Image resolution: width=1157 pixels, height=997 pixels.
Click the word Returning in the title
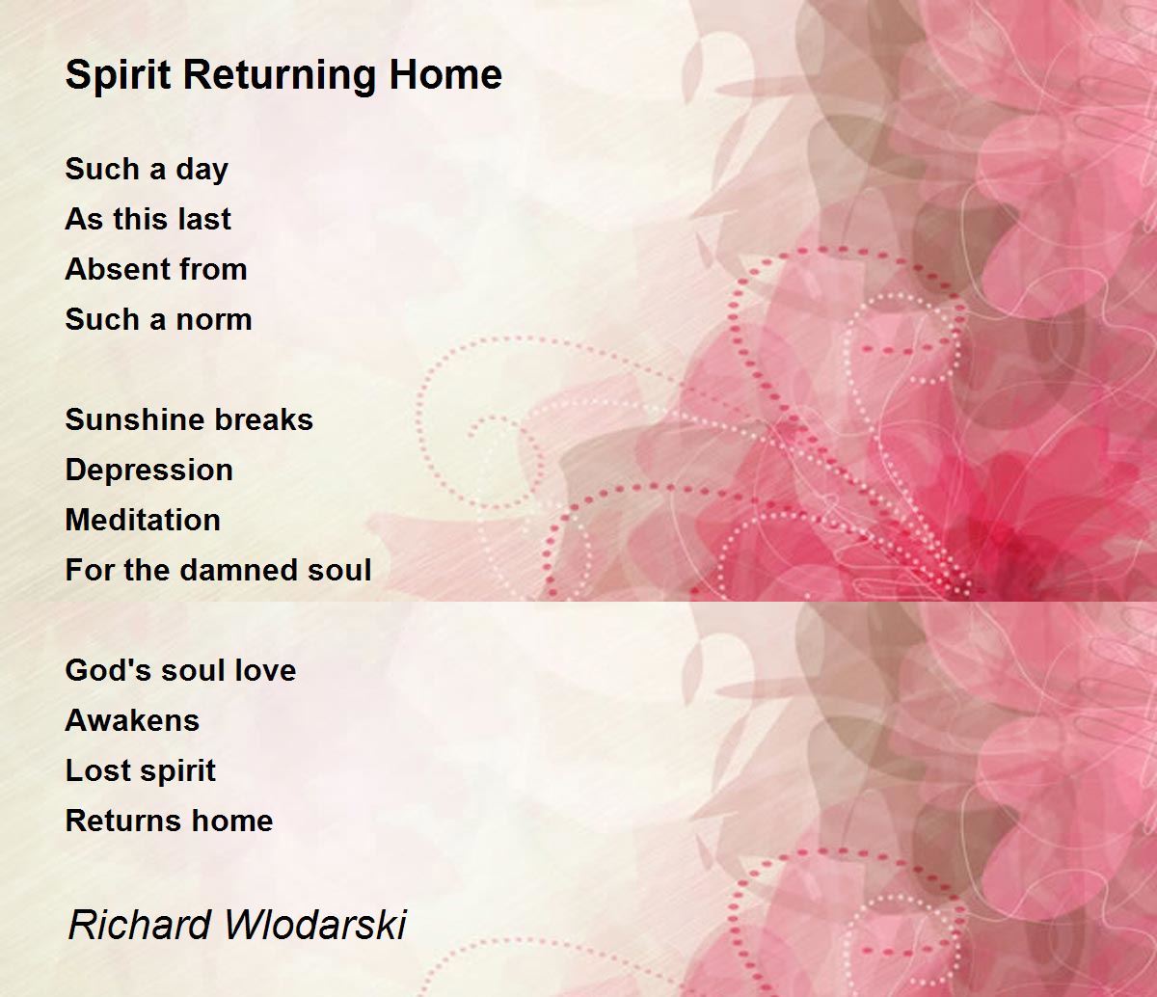(x=280, y=75)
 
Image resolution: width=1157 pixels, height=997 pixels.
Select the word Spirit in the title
(x=118, y=76)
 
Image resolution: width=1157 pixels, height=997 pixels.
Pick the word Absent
(x=109, y=269)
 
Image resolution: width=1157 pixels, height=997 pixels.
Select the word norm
(x=214, y=321)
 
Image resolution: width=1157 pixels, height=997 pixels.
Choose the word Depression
(x=148, y=472)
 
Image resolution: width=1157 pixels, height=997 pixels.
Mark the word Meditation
(x=143, y=520)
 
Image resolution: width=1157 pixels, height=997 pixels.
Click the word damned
(x=237, y=571)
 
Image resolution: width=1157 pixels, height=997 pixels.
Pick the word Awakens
(x=132, y=720)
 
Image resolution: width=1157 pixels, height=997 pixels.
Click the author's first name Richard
(x=140, y=925)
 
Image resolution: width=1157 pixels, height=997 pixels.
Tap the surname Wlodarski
(x=315, y=925)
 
